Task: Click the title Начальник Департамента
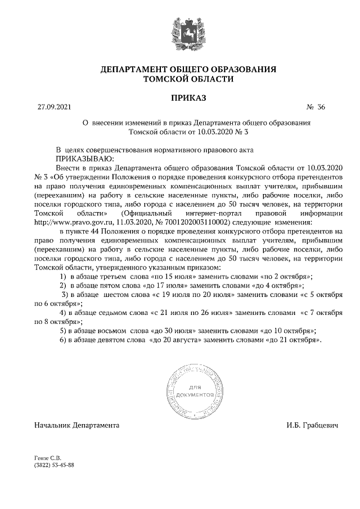point(77,426)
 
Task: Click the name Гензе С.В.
point(48,458)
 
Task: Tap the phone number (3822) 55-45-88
point(55,466)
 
